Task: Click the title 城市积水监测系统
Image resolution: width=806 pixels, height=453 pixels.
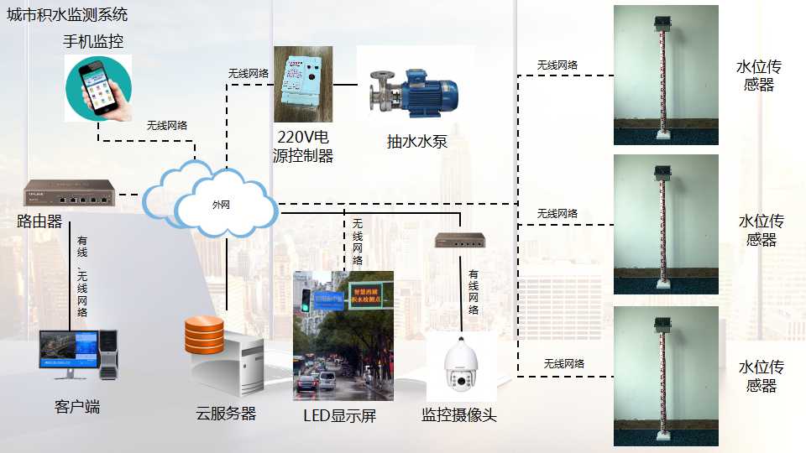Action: click(68, 16)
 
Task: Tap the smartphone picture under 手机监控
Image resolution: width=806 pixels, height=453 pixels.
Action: click(99, 88)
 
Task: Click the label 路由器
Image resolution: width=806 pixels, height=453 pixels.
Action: click(39, 221)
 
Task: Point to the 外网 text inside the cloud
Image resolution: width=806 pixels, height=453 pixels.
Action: click(220, 204)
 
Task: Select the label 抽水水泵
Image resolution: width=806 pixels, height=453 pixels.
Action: click(417, 142)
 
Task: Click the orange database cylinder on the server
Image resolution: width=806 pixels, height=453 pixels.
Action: click(204, 335)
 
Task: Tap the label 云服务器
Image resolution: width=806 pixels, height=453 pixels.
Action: click(226, 414)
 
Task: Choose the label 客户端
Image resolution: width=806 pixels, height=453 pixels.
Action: click(77, 407)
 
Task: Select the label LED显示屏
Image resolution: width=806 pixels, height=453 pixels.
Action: click(340, 415)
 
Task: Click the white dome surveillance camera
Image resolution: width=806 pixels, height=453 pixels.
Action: click(460, 368)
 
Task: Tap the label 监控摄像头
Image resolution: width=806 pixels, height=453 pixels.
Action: click(459, 414)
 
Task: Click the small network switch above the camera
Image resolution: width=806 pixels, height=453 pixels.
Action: click(460, 241)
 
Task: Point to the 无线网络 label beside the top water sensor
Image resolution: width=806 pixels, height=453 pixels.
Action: click(557, 65)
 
